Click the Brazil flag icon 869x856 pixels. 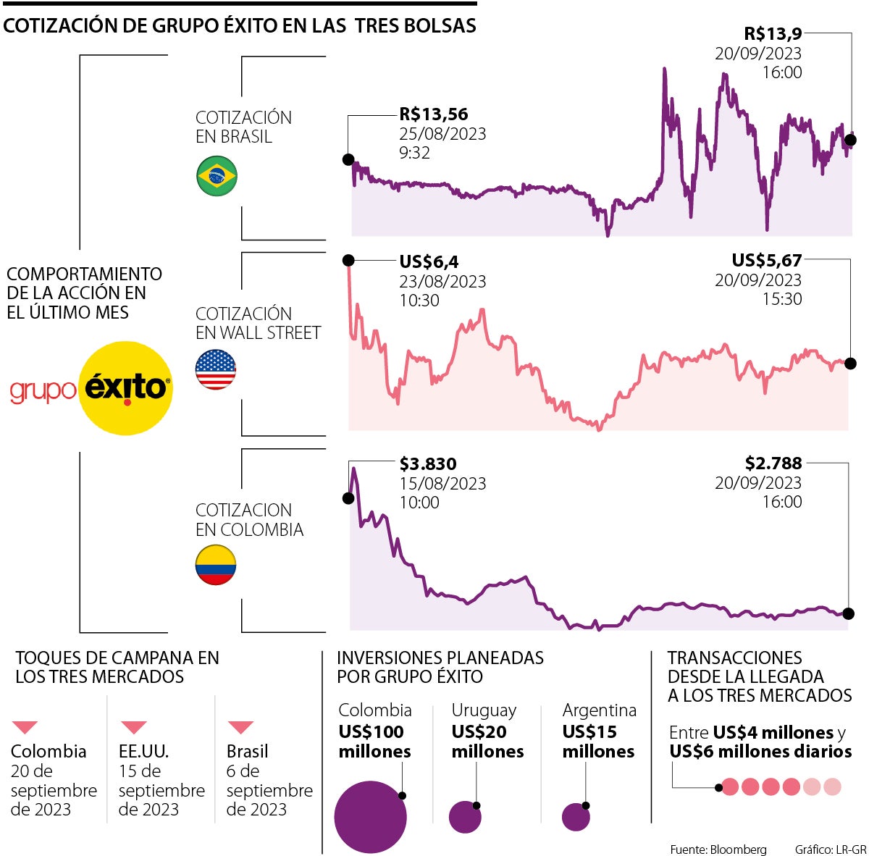(217, 176)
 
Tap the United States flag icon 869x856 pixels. (216, 369)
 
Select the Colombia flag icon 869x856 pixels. (216, 565)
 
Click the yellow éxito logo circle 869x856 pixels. (125, 388)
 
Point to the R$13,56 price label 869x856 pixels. (434, 114)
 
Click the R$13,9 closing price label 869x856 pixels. (773, 33)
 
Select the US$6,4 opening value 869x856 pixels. (429, 262)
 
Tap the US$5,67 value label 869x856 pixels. (766, 261)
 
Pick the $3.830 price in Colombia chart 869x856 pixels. (428, 464)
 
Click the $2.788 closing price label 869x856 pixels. (773, 463)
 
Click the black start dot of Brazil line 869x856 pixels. (348, 159)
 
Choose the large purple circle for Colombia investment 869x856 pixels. (370, 817)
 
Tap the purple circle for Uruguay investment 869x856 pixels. (465, 818)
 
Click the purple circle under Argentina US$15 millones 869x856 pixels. (576, 818)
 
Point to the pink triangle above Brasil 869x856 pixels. (240, 727)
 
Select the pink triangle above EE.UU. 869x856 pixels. (134, 727)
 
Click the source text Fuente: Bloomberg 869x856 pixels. (718, 849)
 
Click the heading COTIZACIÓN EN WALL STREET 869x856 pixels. (258, 324)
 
